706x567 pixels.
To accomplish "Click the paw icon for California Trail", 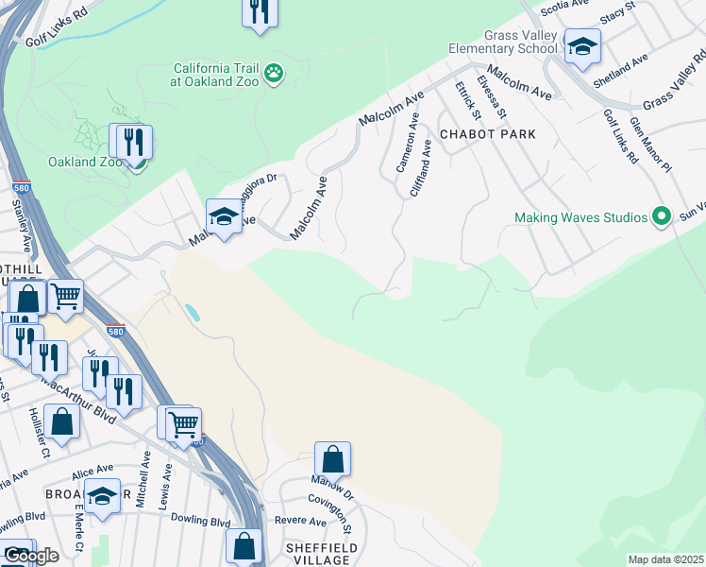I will point(274,74).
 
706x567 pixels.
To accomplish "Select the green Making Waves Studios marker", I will point(662,217).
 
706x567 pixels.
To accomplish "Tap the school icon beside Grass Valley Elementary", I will point(582,45).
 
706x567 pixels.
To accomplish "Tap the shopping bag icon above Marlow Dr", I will point(332,459).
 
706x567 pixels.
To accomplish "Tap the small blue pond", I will point(193,312).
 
